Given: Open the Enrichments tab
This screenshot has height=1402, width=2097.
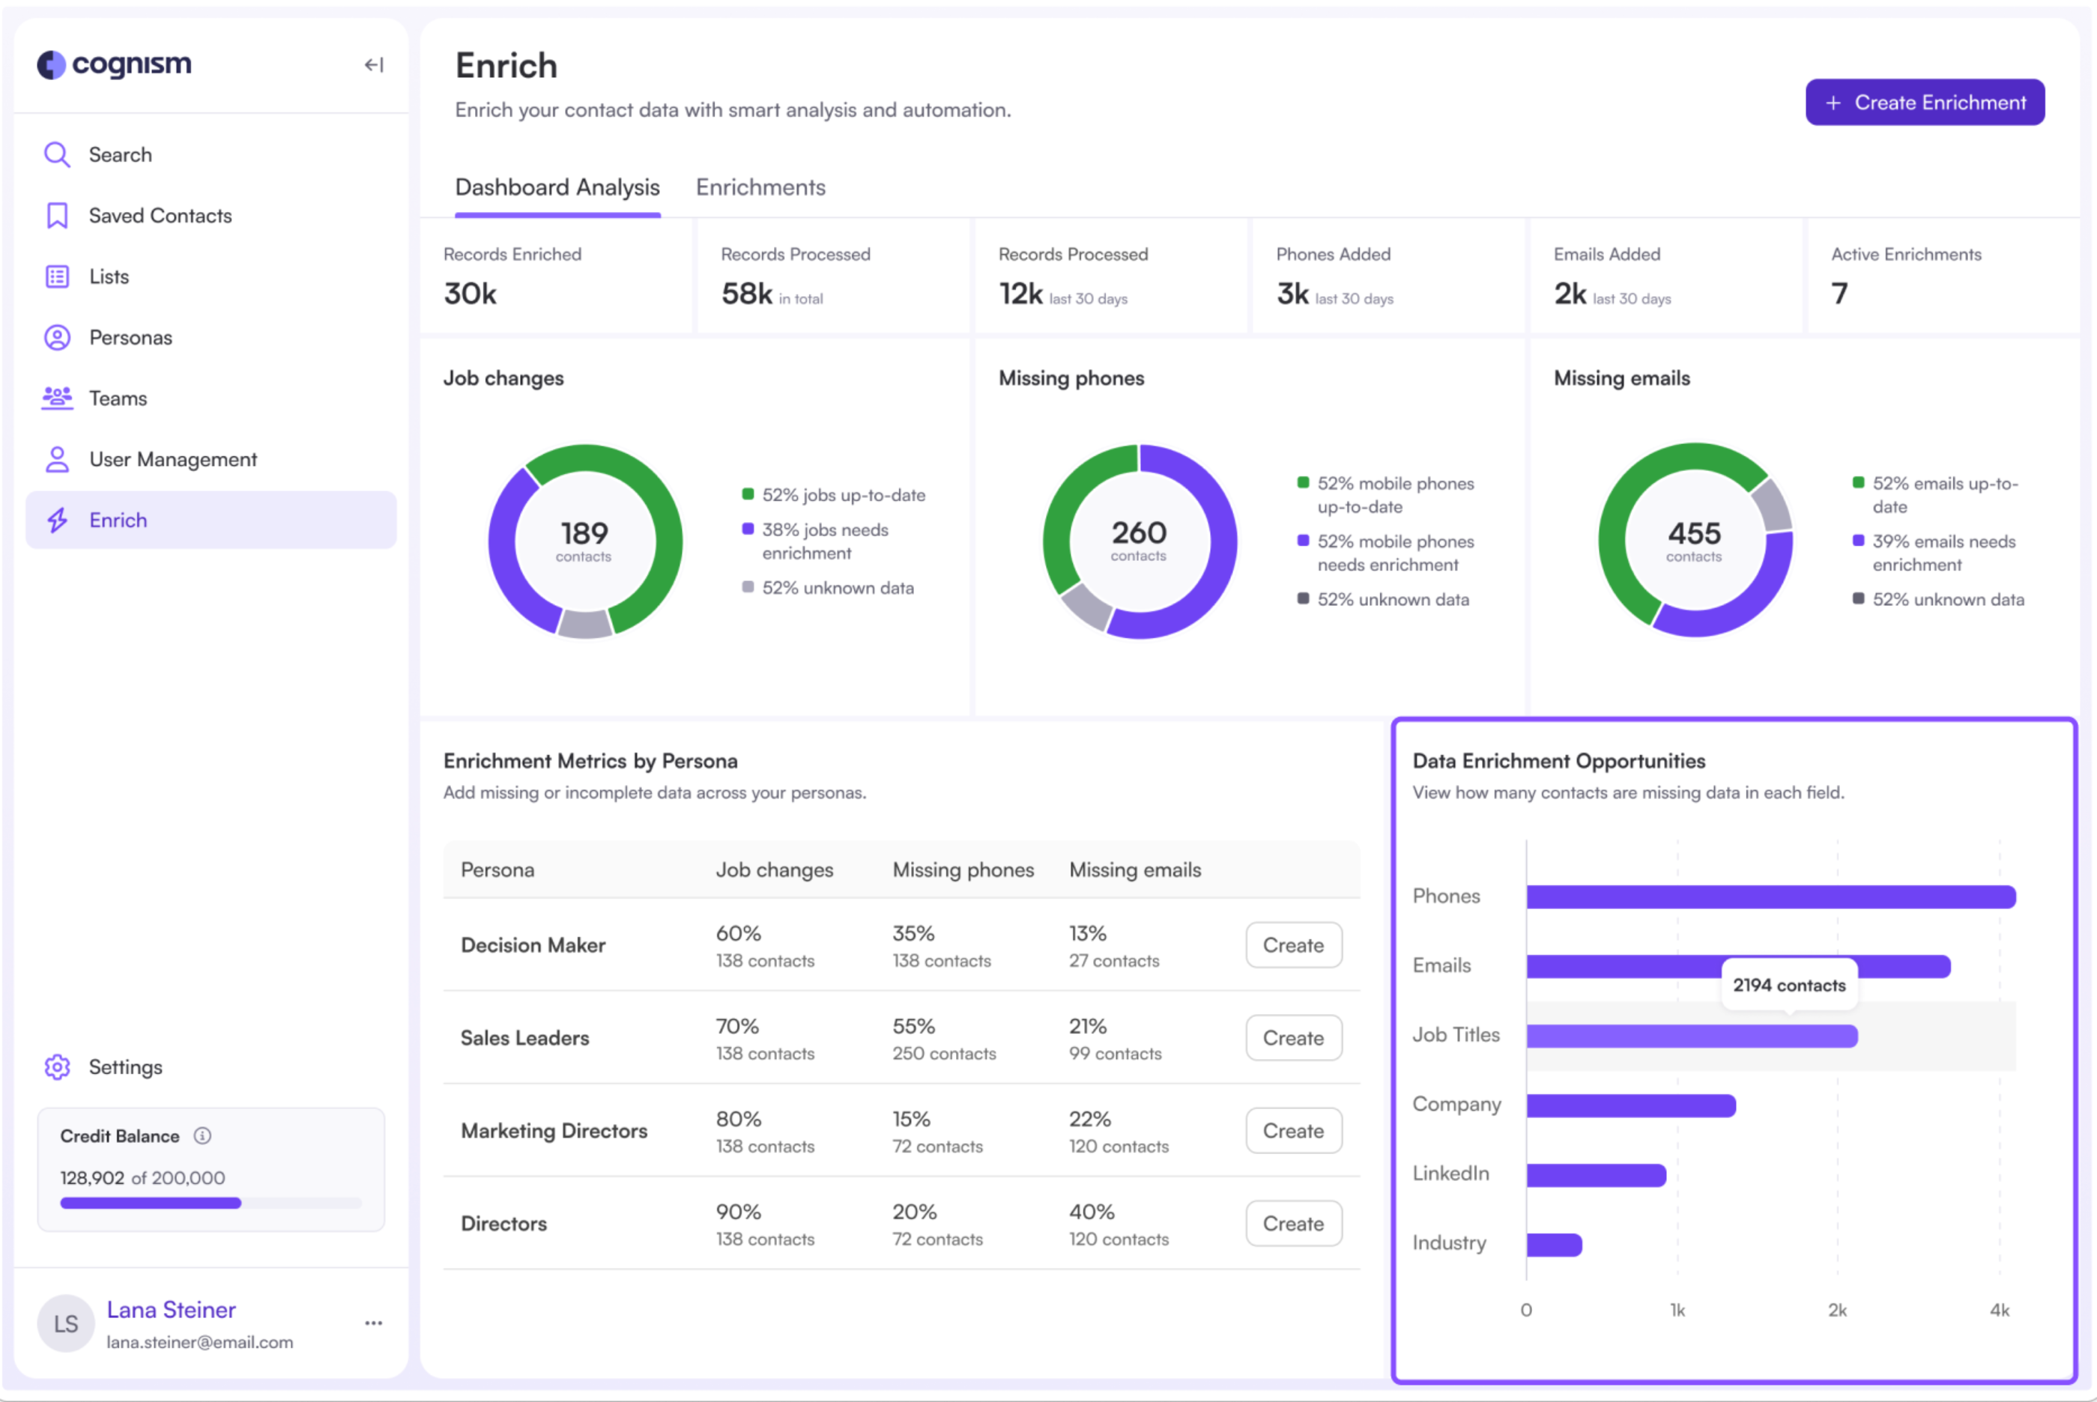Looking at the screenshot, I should point(760,188).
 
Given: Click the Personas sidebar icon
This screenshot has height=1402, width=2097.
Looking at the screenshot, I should point(57,338).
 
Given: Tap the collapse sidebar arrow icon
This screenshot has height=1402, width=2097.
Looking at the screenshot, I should point(374,65).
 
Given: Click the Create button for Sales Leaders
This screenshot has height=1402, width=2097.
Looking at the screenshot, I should point(1292,1038).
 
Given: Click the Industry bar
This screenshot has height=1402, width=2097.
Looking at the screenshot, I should point(1554,1245).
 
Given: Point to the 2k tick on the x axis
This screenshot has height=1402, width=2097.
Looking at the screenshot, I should point(1837,1310).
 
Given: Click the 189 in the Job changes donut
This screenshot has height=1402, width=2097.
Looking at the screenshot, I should point(584,534).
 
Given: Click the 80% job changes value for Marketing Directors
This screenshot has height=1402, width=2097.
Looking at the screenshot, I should point(738,1120).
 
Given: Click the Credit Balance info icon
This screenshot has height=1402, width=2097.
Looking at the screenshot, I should point(203,1135).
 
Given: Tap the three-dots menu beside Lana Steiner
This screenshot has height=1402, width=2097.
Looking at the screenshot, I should point(374,1323).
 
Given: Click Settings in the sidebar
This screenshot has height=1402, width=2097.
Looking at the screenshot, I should point(125,1067).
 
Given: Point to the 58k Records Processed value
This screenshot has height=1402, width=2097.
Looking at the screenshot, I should point(745,294).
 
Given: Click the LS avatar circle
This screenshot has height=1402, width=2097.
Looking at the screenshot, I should point(66,1324).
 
